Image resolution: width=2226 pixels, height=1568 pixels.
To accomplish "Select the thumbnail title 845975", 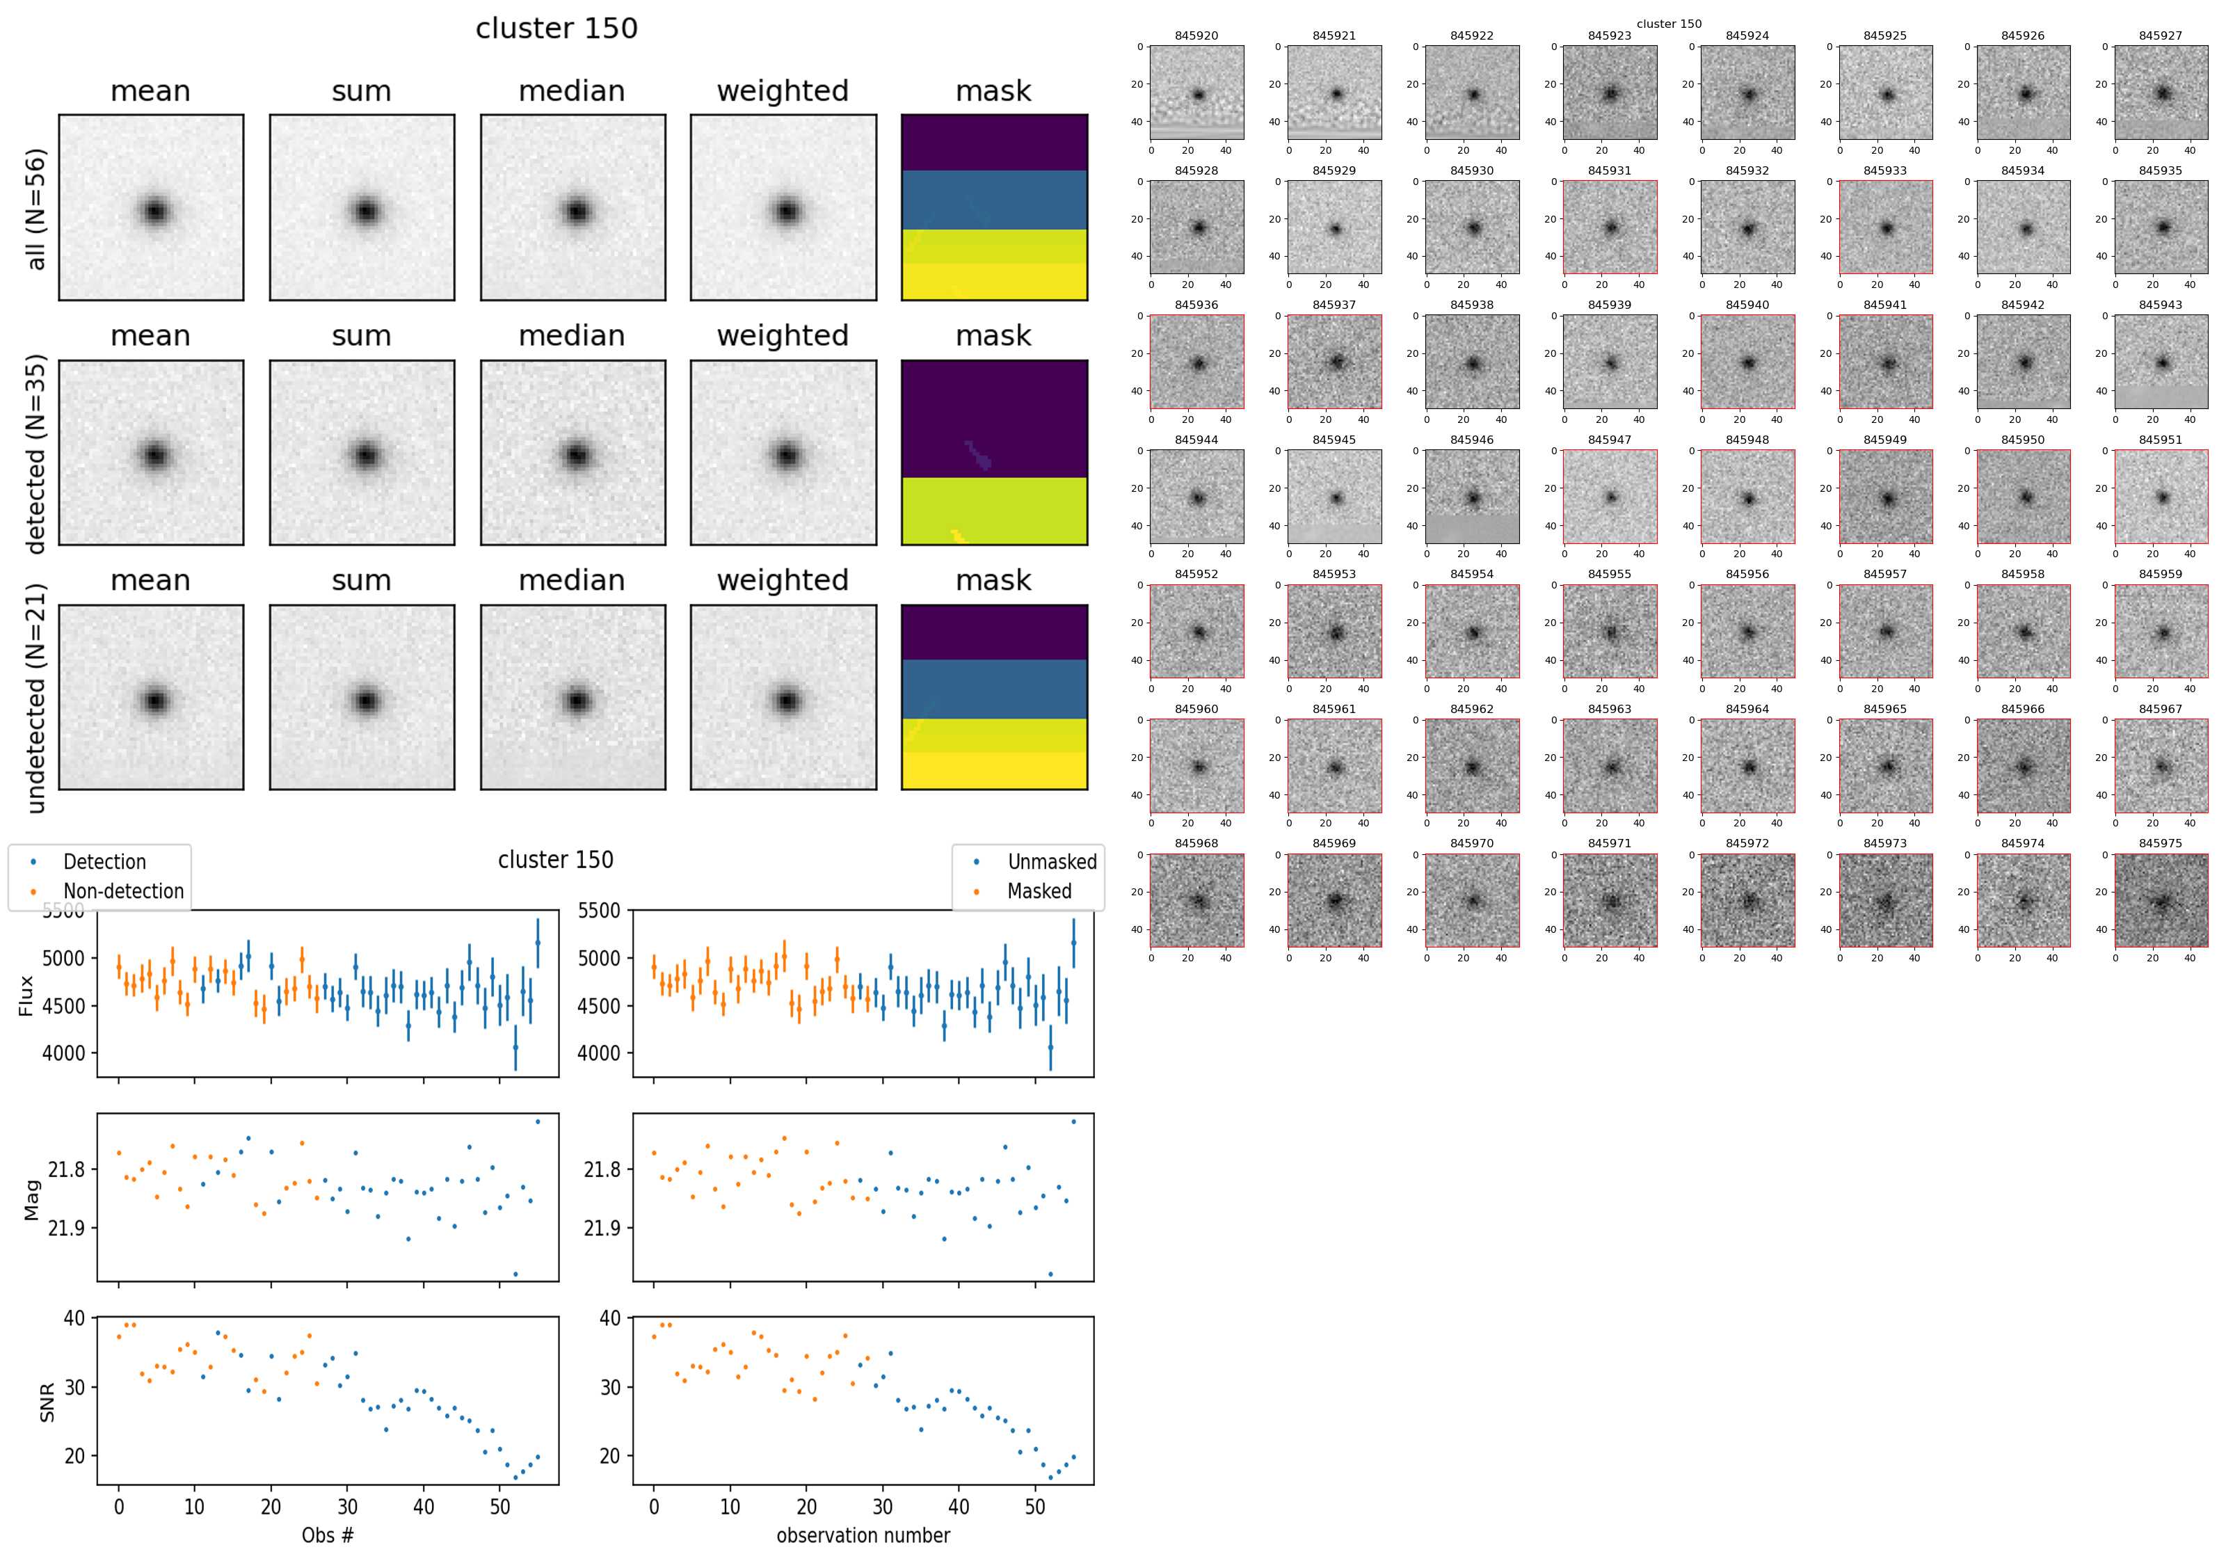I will coord(2160,844).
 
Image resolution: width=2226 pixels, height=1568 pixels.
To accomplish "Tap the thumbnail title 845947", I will coord(1610,440).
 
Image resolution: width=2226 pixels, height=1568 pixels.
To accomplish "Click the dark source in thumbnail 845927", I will coord(2162,94).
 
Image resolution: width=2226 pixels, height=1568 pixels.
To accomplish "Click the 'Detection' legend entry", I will coord(104,862).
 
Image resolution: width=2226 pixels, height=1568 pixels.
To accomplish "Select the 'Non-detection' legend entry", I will coord(123,891).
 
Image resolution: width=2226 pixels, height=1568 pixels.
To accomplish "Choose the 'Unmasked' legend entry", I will coord(1052,862).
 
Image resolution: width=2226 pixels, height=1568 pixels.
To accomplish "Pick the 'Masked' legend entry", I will coord(1039,891).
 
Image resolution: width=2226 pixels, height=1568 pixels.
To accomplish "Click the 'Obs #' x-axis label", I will coord(328,1535).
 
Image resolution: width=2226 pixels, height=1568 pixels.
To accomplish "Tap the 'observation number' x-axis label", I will coord(863,1535).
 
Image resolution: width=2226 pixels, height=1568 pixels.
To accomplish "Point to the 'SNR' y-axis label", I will coord(47,1402).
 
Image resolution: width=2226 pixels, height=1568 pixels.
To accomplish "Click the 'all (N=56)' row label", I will coord(36,209).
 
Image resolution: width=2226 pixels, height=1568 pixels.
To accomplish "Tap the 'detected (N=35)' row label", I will coord(36,453).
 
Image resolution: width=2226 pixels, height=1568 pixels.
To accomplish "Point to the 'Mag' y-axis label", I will coord(32,1199).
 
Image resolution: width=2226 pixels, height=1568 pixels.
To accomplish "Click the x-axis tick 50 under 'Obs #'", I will coord(499,1507).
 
